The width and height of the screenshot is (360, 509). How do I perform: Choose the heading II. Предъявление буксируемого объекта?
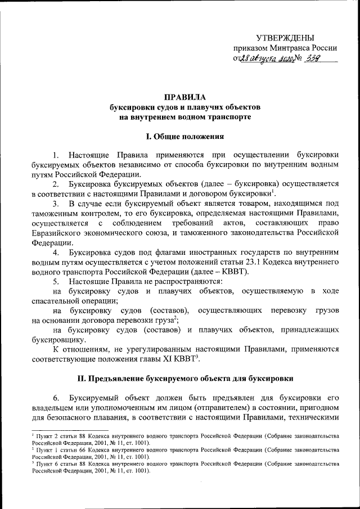[185, 378]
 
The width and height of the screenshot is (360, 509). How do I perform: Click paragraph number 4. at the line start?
[56, 253]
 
